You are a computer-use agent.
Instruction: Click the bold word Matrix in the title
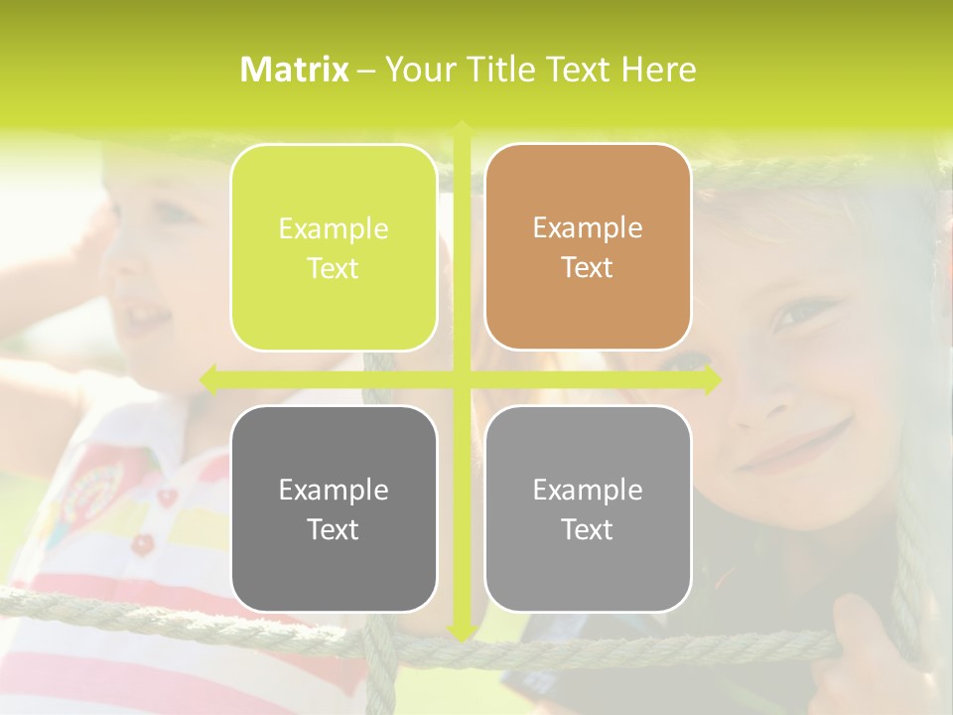point(295,70)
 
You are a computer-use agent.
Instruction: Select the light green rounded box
point(334,247)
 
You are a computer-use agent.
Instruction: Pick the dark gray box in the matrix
point(334,508)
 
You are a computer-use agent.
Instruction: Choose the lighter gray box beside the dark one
point(588,508)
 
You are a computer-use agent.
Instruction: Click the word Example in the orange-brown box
point(588,227)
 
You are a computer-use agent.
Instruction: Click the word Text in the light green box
point(334,268)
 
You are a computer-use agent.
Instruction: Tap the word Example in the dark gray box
point(334,490)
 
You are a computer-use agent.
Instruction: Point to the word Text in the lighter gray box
point(588,529)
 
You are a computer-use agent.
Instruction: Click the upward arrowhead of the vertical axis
point(461,128)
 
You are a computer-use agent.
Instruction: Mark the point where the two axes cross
point(461,378)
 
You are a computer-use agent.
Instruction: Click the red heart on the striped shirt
point(168,496)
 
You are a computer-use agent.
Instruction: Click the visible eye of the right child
point(799,313)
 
